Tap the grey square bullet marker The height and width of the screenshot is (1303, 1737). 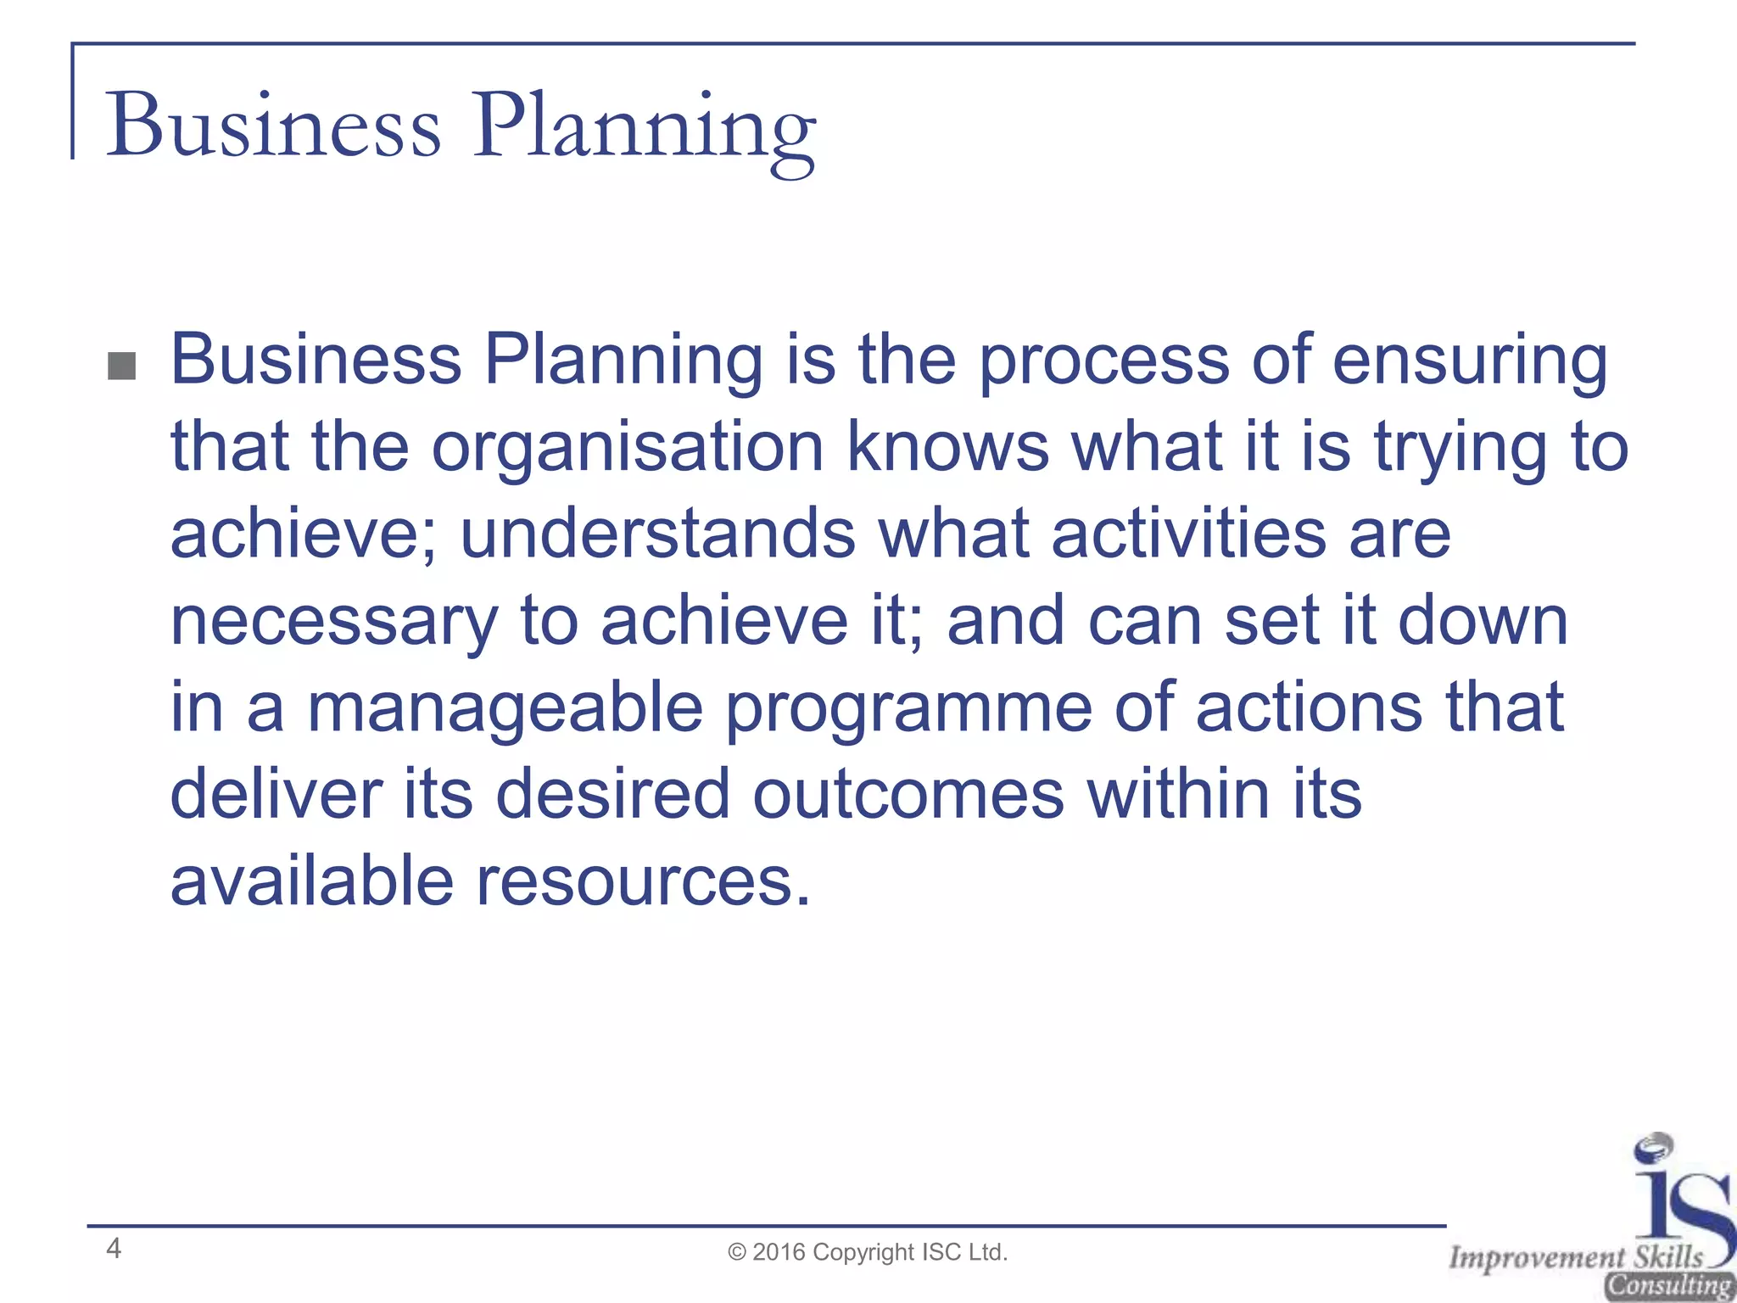coord(122,366)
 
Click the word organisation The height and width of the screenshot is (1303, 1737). coord(628,448)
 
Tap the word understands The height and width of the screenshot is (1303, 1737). coord(657,534)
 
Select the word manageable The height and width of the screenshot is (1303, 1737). coord(505,708)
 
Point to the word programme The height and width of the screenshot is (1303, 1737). coord(908,710)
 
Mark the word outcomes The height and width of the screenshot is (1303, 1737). coord(908,795)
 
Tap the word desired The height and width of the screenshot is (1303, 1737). coord(612,795)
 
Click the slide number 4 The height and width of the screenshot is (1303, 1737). coord(114,1248)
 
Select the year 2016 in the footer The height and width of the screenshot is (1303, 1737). coord(779,1252)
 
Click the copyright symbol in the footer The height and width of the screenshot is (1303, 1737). coord(737,1253)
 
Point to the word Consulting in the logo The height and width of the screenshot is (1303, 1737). coord(1669,1286)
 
